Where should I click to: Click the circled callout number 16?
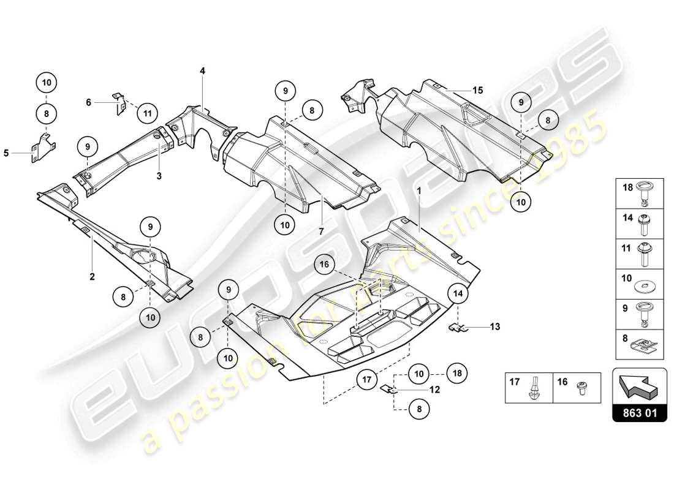tap(326, 265)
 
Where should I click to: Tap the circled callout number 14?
tap(459, 294)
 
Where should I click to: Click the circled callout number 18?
tap(458, 372)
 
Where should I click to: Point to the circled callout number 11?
tap(147, 113)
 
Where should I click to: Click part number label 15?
tap(477, 90)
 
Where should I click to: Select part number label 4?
tap(202, 71)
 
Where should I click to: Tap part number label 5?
tap(6, 154)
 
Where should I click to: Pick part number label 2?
tap(92, 277)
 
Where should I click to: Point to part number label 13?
tap(494, 327)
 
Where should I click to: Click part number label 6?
tap(88, 103)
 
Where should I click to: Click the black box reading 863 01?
tap(638, 413)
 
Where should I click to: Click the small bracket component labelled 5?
tap(43, 145)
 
